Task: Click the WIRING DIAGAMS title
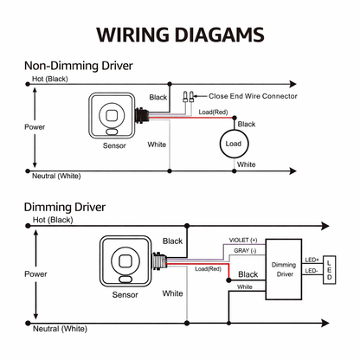[x=179, y=35]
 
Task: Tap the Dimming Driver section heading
[x=64, y=208]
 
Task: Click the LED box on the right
[x=333, y=269]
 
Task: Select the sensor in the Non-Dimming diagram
[x=113, y=114]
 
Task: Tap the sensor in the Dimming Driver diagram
[x=125, y=262]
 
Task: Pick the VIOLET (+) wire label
[x=243, y=240]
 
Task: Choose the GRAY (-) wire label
[x=244, y=250]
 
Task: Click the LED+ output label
[x=312, y=258]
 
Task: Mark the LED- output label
[x=312, y=272]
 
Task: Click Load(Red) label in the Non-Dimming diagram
[x=213, y=112]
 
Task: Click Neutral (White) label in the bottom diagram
[x=60, y=329]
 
